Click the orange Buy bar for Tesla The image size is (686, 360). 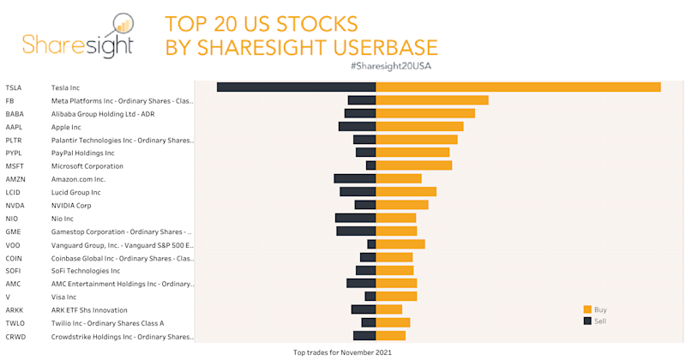click(x=518, y=87)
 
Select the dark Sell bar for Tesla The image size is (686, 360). click(x=297, y=87)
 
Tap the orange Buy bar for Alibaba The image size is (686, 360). click(x=425, y=113)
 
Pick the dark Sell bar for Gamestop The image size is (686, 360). click(x=356, y=231)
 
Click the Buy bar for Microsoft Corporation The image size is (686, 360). click(x=414, y=165)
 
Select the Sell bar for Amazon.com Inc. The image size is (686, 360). click(x=355, y=178)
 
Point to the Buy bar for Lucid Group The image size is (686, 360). click(x=406, y=192)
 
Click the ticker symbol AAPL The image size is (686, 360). click(x=14, y=127)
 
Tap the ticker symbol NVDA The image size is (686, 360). click(x=15, y=206)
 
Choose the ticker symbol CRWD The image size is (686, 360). click(x=15, y=337)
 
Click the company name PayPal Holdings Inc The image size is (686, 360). click(x=82, y=153)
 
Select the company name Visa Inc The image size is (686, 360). click(x=63, y=297)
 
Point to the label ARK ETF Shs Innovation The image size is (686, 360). click(x=89, y=310)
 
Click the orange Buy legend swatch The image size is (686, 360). click(x=587, y=309)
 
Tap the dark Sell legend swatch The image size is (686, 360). click(x=587, y=321)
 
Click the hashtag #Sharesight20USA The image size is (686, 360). click(x=391, y=66)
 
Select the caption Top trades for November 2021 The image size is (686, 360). click(x=342, y=352)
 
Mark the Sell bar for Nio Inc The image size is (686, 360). click(x=356, y=218)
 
